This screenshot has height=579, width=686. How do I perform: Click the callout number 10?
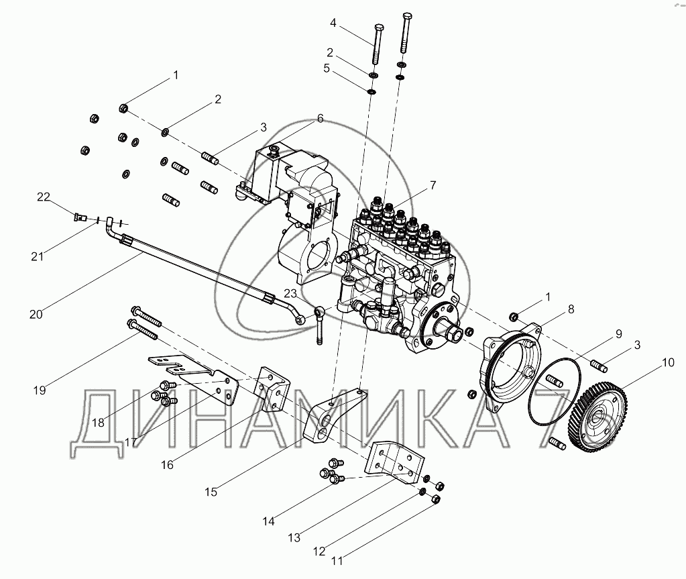668,362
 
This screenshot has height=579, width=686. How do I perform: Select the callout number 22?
44,197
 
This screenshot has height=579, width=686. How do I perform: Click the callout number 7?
433,186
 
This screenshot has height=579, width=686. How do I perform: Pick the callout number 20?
36,314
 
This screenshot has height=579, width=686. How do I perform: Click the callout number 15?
211,492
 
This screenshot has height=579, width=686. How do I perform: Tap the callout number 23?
290,293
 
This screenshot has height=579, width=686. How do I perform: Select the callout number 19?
40,390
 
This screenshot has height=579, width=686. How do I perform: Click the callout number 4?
333,22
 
